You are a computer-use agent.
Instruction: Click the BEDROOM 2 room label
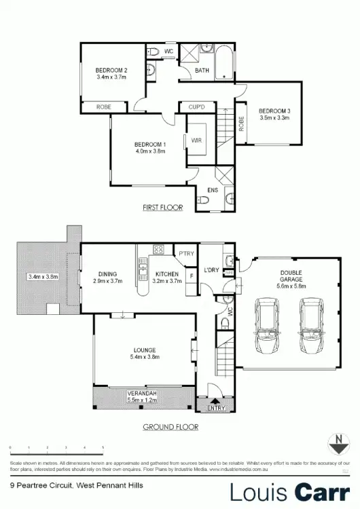coord(111,70)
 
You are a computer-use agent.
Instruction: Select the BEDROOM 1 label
coord(149,145)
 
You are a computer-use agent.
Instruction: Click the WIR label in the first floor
coord(196,140)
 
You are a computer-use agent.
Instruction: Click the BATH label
coord(202,70)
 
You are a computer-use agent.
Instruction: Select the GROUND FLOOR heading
coord(170,427)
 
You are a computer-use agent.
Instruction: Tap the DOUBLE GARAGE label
coord(292,275)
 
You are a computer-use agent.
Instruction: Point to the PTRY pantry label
coord(186,254)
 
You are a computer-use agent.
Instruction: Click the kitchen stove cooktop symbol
coord(158,249)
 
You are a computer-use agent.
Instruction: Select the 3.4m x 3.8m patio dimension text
coord(43,277)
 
